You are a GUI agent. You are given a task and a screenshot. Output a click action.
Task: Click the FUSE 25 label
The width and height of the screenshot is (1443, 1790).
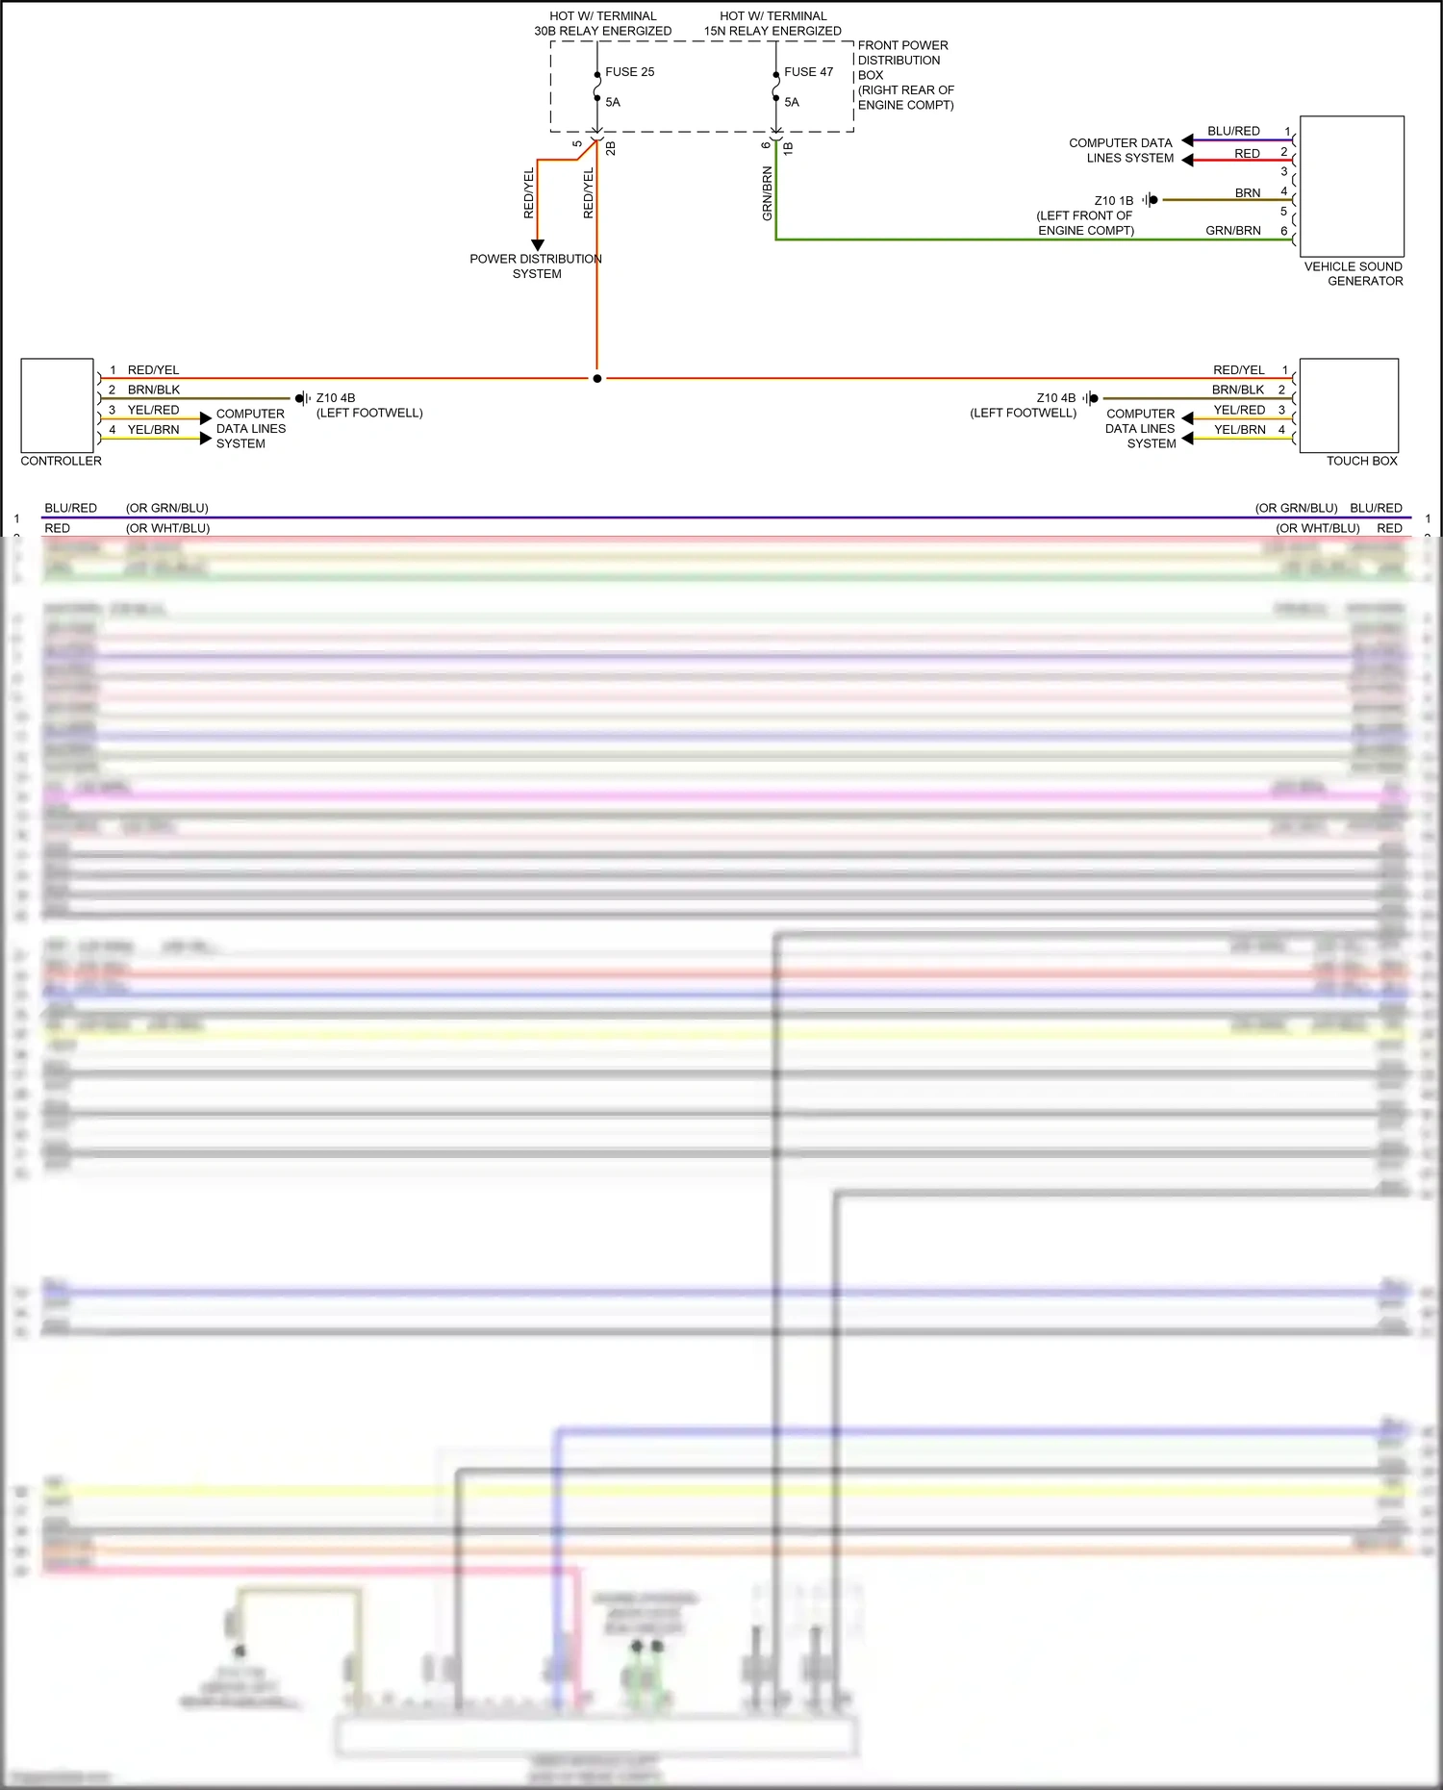[x=629, y=72]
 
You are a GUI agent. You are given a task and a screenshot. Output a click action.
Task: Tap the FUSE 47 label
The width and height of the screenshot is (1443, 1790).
[x=808, y=72]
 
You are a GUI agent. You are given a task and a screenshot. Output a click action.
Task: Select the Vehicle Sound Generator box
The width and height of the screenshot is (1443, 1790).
[x=1352, y=187]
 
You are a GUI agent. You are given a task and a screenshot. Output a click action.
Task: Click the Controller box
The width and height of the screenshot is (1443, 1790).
[x=57, y=405]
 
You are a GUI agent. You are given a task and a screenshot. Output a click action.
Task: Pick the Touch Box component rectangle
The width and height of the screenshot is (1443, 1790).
[x=1349, y=405]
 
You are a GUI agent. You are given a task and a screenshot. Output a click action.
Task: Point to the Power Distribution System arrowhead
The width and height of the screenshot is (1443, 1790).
[x=538, y=245]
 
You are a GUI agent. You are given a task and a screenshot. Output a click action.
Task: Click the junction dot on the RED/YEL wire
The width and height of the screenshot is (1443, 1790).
[x=597, y=379]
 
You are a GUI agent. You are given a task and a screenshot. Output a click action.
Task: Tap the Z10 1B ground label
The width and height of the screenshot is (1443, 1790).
[x=1114, y=201]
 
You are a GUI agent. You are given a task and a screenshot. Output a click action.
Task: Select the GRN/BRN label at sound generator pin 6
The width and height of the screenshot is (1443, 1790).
[x=1233, y=231]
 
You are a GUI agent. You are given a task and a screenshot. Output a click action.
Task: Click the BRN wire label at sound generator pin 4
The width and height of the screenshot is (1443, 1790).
[x=1248, y=193]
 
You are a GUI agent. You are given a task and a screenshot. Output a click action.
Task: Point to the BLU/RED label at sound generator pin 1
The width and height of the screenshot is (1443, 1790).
[x=1233, y=131]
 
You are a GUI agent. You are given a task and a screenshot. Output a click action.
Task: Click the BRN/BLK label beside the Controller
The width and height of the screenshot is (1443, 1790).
[x=154, y=390]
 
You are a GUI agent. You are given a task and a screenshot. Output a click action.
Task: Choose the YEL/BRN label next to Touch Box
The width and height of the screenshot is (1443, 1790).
[x=1239, y=430]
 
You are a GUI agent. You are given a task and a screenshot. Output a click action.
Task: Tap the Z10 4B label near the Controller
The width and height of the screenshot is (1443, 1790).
[x=336, y=398]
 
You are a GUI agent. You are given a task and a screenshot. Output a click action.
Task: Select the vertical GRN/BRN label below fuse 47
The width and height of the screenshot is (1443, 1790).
[x=768, y=193]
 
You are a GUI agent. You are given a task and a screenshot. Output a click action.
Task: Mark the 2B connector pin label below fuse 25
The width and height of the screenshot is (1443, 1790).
[x=611, y=148]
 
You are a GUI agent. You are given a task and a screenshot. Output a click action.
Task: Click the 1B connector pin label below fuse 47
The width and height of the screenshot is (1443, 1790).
[x=789, y=148]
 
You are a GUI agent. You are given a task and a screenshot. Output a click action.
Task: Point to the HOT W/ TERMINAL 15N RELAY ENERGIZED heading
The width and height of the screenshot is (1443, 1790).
[x=772, y=23]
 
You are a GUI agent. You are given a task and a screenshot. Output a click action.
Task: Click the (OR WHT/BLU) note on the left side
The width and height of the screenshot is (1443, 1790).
[x=167, y=528]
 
